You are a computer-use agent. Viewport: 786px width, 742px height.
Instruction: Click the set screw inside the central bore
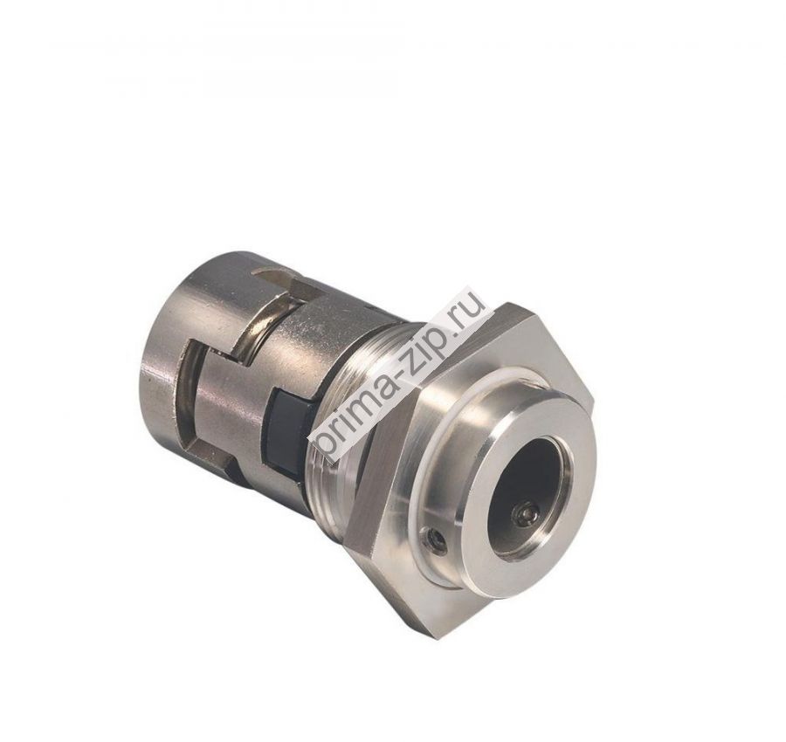pos(525,516)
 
